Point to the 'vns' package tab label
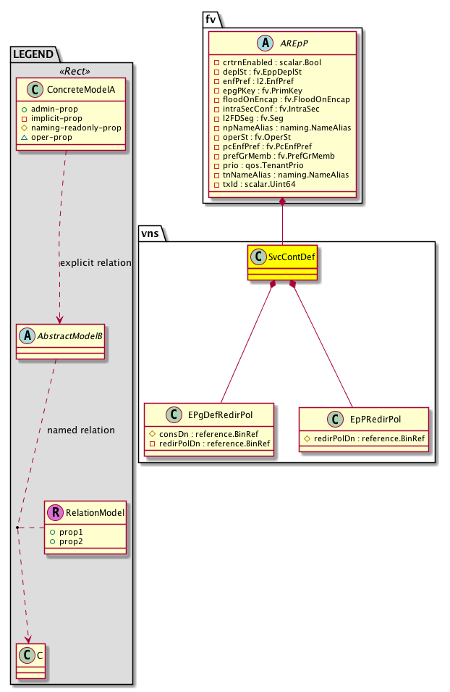pos(152,233)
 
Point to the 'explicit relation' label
pos(95,263)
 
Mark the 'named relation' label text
pos(81,430)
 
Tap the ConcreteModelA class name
pos(78,90)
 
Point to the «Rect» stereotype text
pos(71,70)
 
